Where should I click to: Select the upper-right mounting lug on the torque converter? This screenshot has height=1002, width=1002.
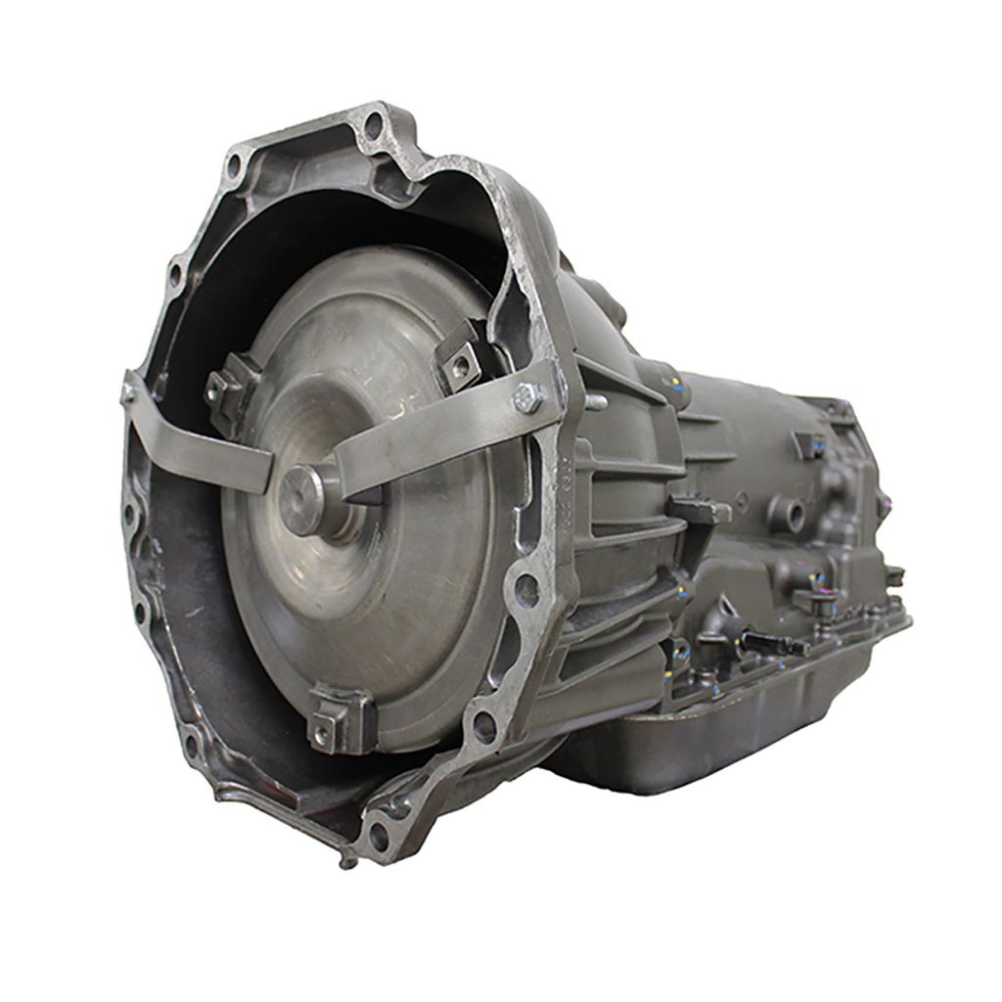(x=460, y=361)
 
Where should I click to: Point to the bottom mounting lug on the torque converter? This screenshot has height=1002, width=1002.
(x=338, y=720)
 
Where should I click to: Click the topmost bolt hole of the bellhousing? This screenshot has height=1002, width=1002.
(x=373, y=124)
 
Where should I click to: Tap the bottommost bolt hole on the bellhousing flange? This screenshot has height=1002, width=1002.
(x=378, y=835)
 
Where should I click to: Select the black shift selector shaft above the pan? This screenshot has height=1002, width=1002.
(x=773, y=643)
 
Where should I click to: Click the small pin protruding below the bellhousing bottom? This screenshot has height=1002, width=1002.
(x=344, y=862)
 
